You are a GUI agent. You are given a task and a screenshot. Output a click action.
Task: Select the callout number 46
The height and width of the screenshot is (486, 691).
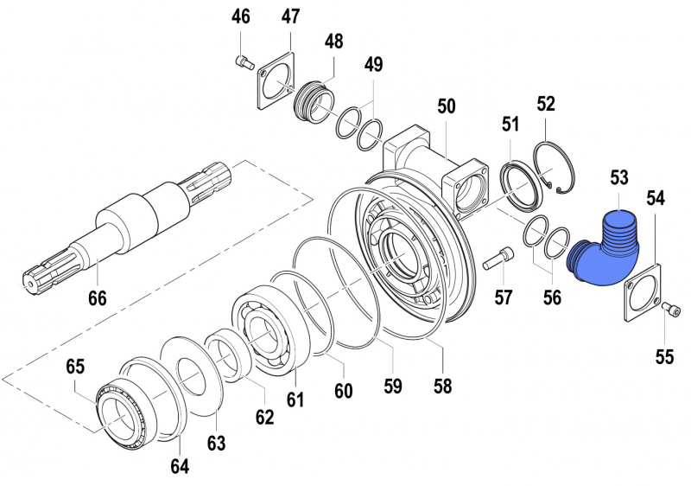click(240, 16)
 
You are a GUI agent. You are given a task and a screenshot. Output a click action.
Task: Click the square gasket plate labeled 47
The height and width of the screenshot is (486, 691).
click(277, 82)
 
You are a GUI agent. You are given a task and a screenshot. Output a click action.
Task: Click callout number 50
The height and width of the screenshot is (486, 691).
click(446, 106)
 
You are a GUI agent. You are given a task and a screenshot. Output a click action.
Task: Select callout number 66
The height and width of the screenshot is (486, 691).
click(97, 298)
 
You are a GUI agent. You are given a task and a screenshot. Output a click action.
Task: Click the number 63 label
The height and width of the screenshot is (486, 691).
click(216, 444)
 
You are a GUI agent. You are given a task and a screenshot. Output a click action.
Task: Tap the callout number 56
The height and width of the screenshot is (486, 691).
click(551, 298)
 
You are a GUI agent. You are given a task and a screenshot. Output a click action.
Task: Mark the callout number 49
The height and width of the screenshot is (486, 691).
click(373, 64)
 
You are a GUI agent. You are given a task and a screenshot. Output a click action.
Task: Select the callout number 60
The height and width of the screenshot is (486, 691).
click(344, 391)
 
